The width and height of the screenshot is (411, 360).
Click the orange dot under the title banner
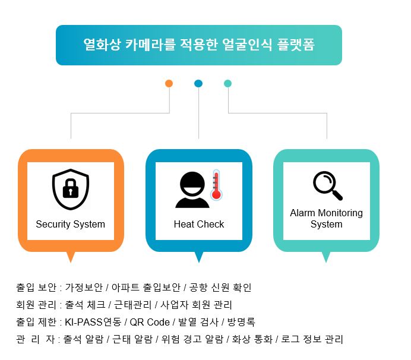tap(169, 84)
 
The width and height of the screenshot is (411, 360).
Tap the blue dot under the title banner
tap(198, 84)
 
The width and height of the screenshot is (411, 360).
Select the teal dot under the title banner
tap(227, 84)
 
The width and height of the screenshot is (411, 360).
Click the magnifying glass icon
tap(327, 185)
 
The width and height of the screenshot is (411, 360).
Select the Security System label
tap(70, 225)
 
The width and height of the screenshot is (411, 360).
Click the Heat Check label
tap(199, 225)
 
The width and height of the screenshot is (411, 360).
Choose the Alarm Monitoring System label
tap(326, 219)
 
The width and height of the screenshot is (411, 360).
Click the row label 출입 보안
tap(36, 288)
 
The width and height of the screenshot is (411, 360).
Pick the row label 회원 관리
tap(36, 305)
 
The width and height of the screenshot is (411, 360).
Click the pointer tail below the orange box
tap(71, 257)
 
